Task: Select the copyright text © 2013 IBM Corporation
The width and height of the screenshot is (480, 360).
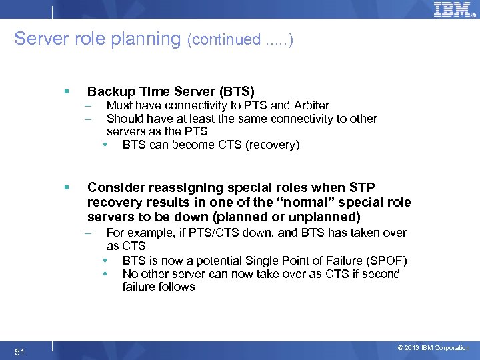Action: point(433,348)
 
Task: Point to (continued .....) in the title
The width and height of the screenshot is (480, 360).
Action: point(240,39)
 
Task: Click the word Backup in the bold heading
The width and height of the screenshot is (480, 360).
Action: point(109,91)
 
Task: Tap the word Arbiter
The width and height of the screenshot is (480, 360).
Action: point(311,105)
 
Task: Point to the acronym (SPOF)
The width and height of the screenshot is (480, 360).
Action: point(386,261)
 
